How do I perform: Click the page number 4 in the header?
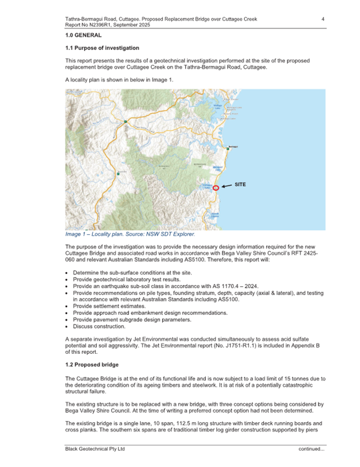click(323, 19)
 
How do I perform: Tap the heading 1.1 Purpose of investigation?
click(102, 48)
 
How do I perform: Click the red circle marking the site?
click(215, 188)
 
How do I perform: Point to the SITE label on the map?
click(241, 184)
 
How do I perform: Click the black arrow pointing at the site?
click(227, 186)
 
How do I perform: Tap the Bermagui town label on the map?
click(233, 147)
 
